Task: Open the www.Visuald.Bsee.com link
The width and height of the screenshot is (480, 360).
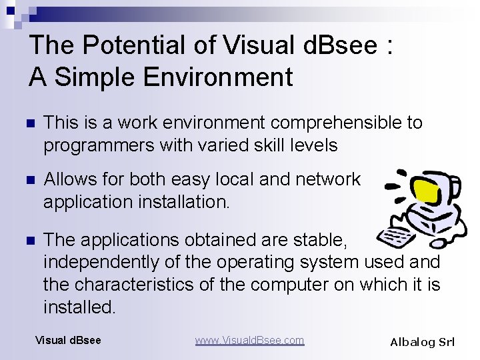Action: (x=249, y=341)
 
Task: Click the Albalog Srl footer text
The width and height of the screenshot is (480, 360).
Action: (x=422, y=342)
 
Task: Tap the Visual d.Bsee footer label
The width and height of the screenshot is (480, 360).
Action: (x=68, y=341)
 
